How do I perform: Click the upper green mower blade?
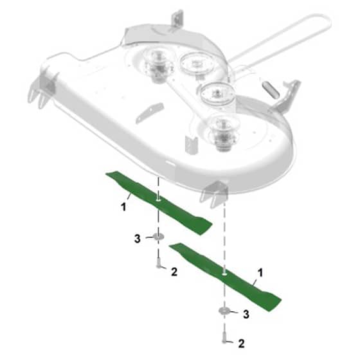(158, 202)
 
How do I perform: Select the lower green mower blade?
(225, 276)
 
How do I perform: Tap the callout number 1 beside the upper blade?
(123, 207)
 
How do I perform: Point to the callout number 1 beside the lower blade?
(260, 273)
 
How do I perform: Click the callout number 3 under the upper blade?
(138, 239)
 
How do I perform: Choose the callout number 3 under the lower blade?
(246, 314)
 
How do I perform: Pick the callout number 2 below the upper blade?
(174, 272)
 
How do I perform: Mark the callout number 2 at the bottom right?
(241, 343)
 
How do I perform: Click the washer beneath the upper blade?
(158, 236)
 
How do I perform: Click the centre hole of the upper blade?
(158, 200)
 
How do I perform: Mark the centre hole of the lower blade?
(224, 274)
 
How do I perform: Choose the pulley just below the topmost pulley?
(217, 93)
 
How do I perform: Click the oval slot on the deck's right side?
(271, 89)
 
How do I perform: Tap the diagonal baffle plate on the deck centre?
(150, 113)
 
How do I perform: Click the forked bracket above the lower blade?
(214, 194)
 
